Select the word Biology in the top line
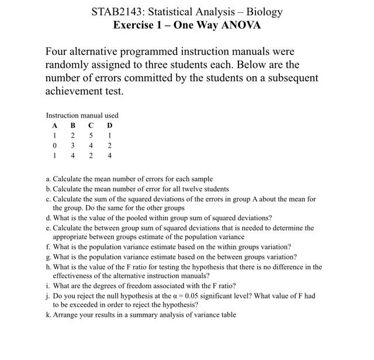tap(264, 12)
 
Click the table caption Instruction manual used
tap(82, 116)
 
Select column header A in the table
tap(54, 126)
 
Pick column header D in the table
tap(109, 126)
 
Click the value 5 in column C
tap(91, 136)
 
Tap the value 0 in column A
tap(54, 146)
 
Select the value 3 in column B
tap(72, 146)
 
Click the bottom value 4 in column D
tap(109, 155)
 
